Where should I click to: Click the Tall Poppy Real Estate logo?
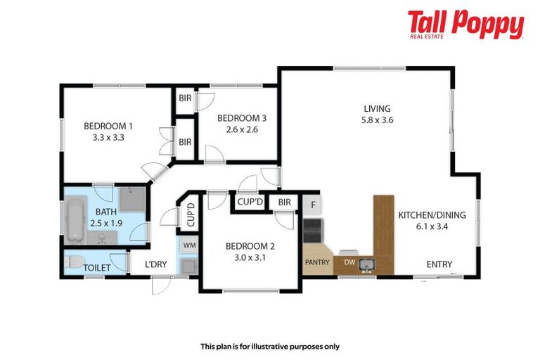465,25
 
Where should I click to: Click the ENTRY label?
439,264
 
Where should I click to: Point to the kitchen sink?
366,264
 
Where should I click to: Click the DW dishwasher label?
349,263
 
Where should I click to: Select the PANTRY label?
316,262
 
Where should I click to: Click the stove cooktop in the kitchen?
312,229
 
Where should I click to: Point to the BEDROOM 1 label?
108,127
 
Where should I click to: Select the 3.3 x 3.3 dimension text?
108,139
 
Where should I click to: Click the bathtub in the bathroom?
75,220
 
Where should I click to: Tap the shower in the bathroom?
131,200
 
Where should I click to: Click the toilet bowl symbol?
71,262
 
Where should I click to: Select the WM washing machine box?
189,245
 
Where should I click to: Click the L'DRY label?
156,265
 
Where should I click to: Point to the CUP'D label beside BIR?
250,202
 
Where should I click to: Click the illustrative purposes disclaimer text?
269,346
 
